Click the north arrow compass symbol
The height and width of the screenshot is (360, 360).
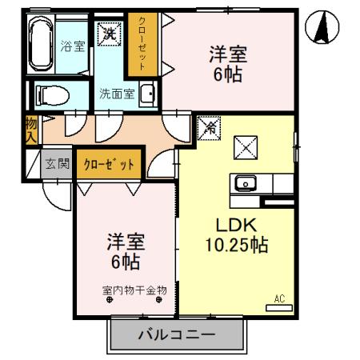click(x=321, y=30)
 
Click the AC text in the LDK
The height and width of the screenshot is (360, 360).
click(x=279, y=298)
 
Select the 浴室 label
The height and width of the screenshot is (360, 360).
click(x=73, y=46)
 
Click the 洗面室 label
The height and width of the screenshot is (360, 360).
click(x=116, y=93)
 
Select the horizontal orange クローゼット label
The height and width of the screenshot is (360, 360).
click(x=107, y=164)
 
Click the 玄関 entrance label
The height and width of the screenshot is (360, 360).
click(x=57, y=164)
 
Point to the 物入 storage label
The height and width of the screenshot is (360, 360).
click(x=30, y=130)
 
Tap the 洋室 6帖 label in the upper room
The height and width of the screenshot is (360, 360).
click(x=228, y=63)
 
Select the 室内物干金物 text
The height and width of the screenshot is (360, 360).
click(x=134, y=290)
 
